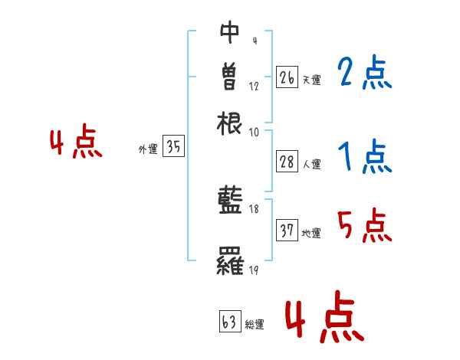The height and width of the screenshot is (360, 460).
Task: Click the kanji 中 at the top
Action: coord(230,31)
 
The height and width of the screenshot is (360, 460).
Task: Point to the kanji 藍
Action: coord(230,201)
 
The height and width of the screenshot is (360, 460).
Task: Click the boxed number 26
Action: coord(287,77)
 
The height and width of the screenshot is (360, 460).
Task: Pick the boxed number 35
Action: coord(173,146)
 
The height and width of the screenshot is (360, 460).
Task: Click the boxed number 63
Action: coord(229,321)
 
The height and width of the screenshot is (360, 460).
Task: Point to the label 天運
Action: coord(311,80)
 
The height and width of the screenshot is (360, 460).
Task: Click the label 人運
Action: coord(311,163)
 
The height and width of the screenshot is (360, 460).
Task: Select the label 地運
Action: coord(311,234)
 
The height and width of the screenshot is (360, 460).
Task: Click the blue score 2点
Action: coord(364,74)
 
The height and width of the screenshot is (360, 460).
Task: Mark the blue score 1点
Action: coord(364,157)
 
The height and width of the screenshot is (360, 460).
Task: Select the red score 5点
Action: coord(364,227)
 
